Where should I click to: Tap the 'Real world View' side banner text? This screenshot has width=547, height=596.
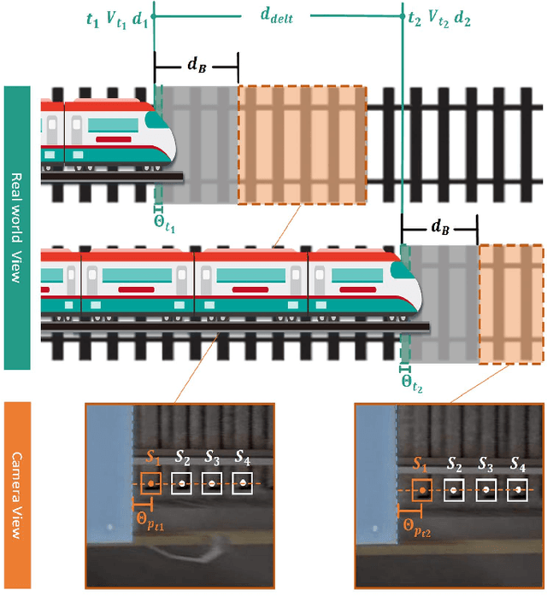(17, 226)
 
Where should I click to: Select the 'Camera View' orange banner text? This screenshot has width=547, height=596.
(17, 494)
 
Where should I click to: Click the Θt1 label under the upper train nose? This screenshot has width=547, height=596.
(163, 225)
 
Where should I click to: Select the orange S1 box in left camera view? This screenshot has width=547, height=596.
(150, 484)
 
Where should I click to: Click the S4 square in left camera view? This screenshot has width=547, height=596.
(243, 484)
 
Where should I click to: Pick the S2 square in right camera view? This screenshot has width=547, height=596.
(454, 491)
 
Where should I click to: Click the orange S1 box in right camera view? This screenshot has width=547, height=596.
(421, 491)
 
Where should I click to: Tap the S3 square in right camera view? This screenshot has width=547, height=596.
(485, 491)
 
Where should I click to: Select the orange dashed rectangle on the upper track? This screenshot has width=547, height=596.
(302, 145)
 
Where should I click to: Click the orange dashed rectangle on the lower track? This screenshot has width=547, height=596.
(510, 304)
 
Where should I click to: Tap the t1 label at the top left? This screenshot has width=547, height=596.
(93, 18)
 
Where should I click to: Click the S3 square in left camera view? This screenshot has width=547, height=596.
(212, 484)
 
